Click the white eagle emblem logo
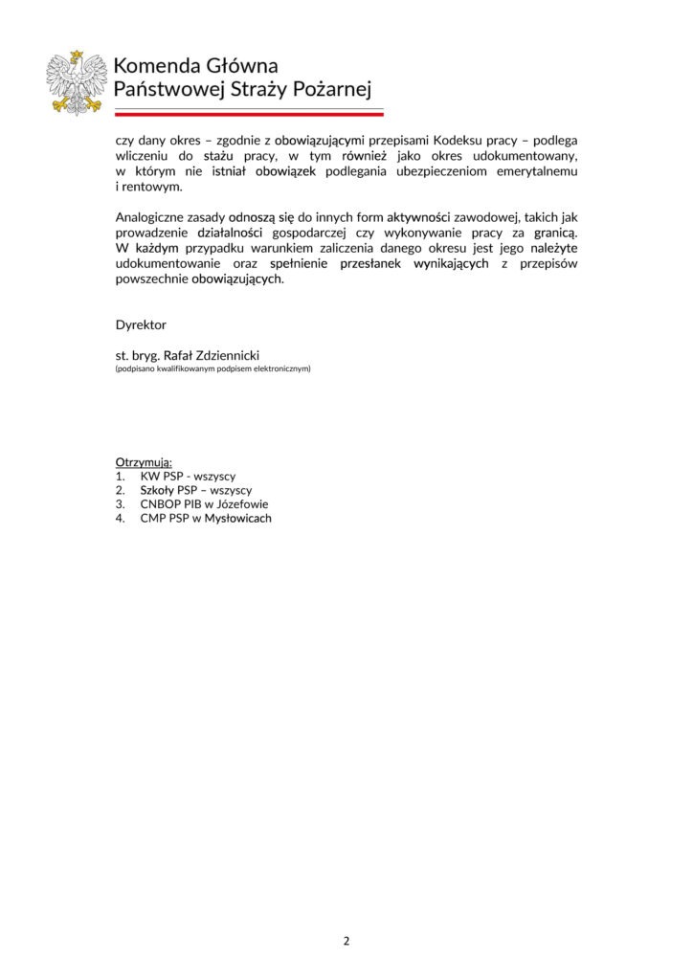pos(78,81)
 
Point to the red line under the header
pos(249,114)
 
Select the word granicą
pos(553,234)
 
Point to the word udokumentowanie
pos(165,265)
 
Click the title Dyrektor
pos(141,325)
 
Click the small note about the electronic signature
pos(212,368)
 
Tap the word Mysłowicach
pos(238,519)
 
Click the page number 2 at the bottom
pos(346,941)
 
